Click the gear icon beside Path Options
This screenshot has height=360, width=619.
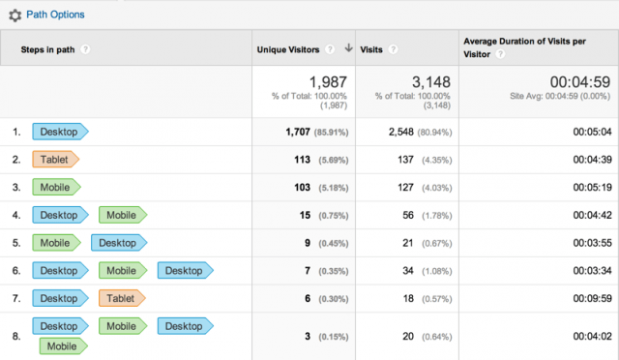[x=15, y=15]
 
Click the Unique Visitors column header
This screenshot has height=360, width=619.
[x=288, y=48]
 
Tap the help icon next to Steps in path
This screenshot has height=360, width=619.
[x=86, y=48]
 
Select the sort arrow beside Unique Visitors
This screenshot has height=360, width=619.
[x=347, y=48]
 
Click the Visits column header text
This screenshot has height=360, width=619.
[x=372, y=48]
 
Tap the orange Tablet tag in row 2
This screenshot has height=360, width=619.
[x=55, y=159]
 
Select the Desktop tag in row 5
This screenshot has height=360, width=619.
[x=118, y=243]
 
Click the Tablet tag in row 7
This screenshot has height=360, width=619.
[x=121, y=299]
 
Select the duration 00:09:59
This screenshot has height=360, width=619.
[x=585, y=299]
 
